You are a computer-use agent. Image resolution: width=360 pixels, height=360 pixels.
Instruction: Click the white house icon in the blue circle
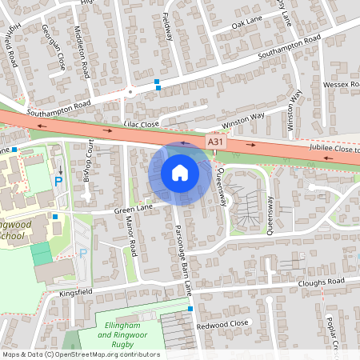[179, 172]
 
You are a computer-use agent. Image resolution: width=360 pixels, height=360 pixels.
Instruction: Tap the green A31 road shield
[214, 141]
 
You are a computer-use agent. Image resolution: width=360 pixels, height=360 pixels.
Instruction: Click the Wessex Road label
[340, 84]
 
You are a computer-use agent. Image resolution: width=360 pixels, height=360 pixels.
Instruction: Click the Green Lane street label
[133, 210]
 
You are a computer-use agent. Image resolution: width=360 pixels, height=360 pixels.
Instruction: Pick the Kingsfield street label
[77, 294]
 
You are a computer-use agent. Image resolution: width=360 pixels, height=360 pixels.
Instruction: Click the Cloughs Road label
[319, 282]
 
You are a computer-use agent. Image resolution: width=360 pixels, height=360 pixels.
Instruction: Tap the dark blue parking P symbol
[58, 182]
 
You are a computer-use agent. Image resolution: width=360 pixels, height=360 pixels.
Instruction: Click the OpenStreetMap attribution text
[80, 354]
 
